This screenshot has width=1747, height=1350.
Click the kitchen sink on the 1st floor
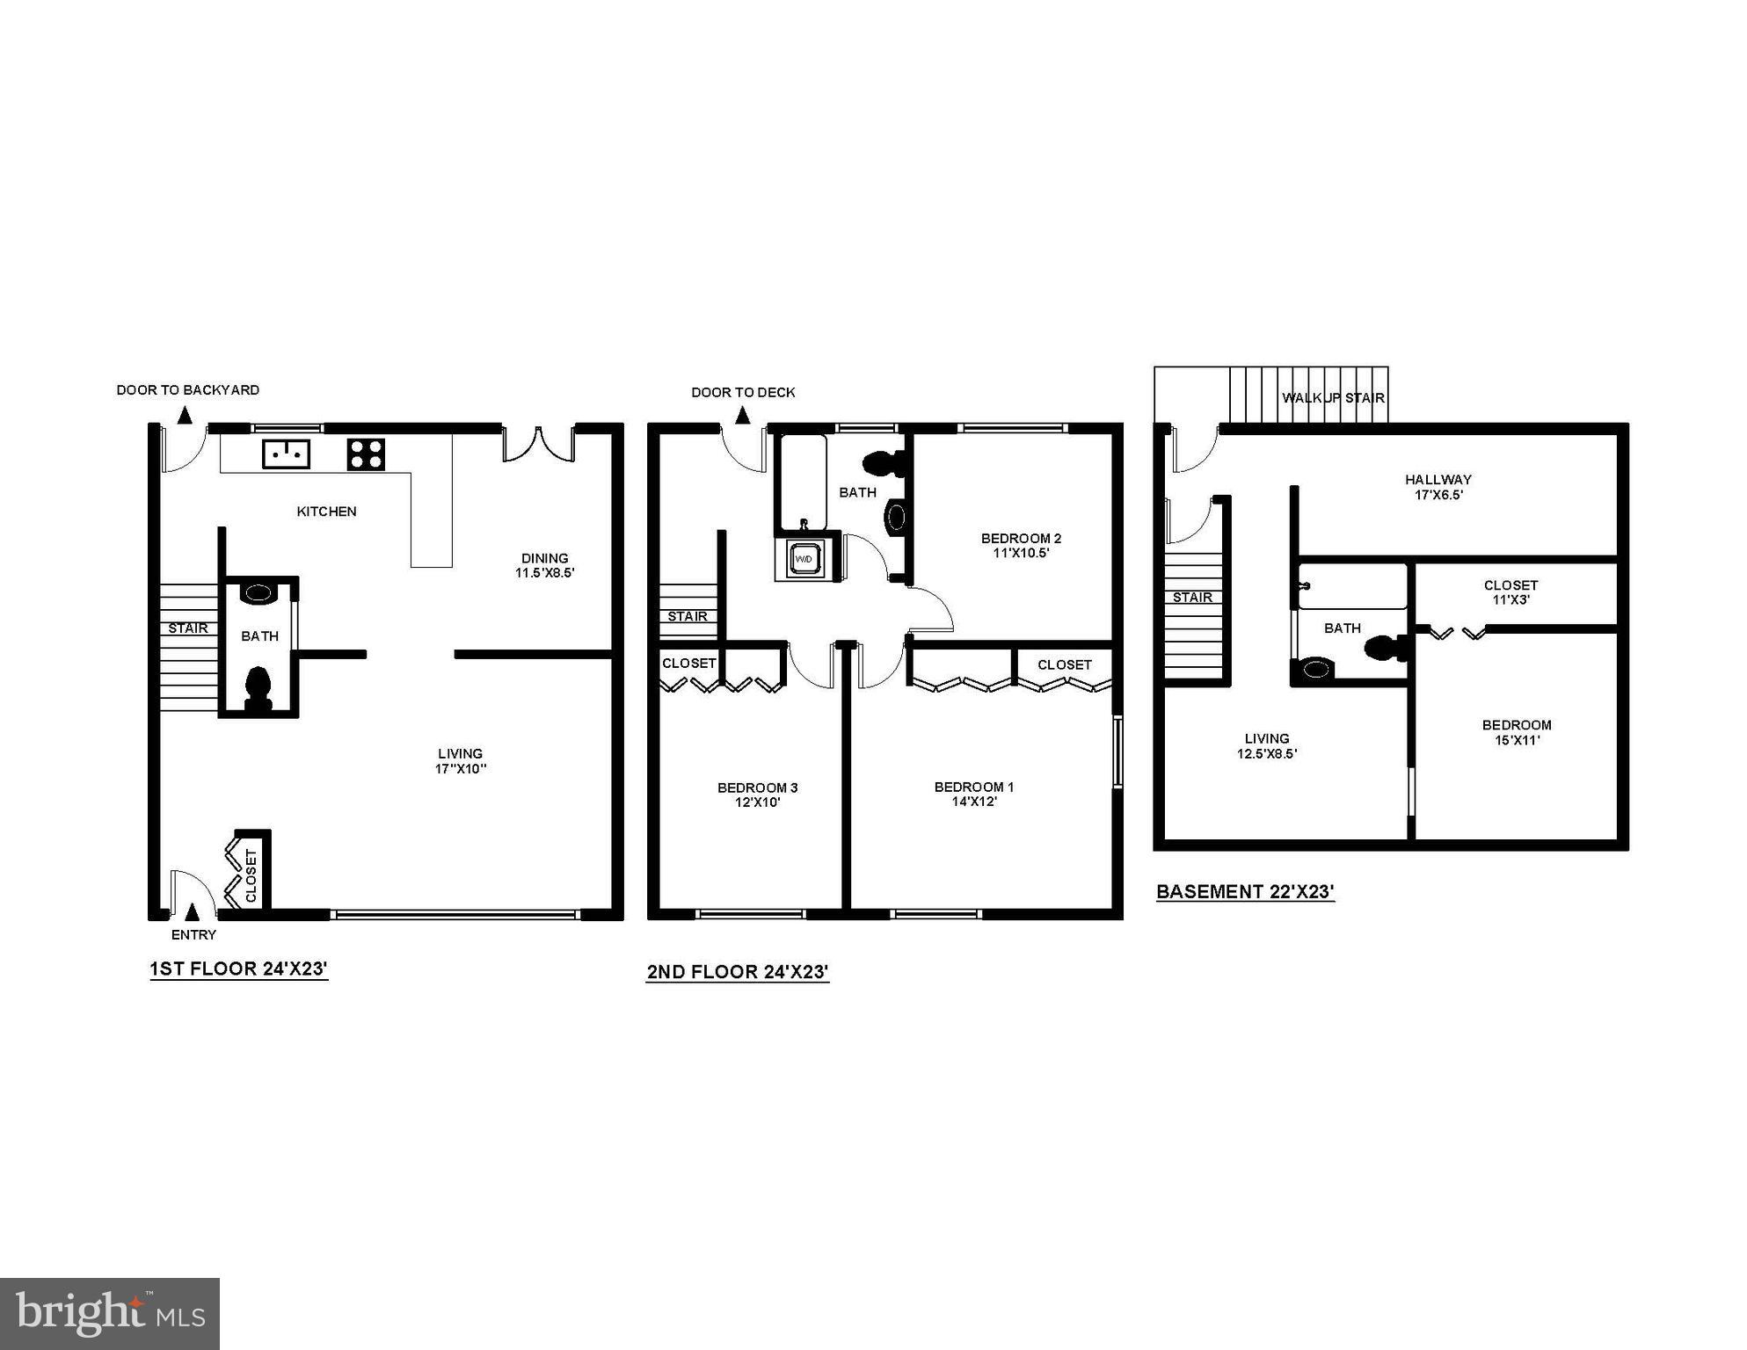[x=287, y=454]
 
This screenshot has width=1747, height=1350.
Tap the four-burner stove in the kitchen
[x=366, y=454]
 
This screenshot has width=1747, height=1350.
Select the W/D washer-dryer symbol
[x=804, y=559]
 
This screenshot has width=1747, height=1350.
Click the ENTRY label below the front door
[x=193, y=934]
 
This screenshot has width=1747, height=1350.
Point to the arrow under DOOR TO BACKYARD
[x=186, y=414]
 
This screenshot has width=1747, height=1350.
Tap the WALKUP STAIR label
[x=1333, y=398]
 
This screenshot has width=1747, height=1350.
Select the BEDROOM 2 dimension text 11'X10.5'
[x=1021, y=554]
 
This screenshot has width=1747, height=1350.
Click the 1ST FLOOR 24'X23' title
[x=238, y=969]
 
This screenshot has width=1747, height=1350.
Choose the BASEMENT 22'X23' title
[x=1245, y=892]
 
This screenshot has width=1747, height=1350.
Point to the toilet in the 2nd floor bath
[x=879, y=464]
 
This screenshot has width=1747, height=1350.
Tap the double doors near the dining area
[x=539, y=444]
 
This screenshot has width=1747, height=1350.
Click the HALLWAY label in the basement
[x=1438, y=480]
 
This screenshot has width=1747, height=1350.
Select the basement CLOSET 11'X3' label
[x=1510, y=592]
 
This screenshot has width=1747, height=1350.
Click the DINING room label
[x=544, y=558]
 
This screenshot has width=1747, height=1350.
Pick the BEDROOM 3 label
[x=757, y=787]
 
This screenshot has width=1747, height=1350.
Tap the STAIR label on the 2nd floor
[x=687, y=616]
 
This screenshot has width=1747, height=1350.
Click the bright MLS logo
[x=110, y=1314]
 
